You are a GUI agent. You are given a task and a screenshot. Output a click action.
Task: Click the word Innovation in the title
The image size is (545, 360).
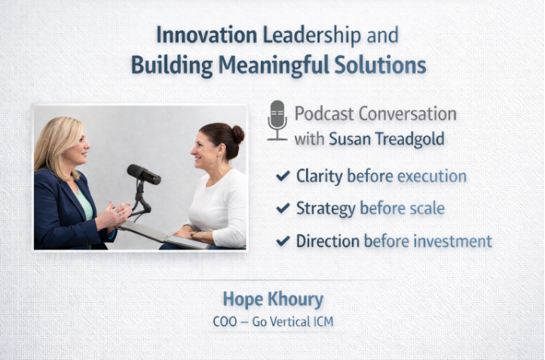(x=194, y=35)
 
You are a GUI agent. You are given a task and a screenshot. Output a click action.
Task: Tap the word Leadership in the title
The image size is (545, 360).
(x=299, y=35)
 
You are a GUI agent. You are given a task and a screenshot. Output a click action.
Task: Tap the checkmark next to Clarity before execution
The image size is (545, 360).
(x=283, y=176)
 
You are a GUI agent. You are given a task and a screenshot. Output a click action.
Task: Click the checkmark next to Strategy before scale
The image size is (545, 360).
(x=283, y=209)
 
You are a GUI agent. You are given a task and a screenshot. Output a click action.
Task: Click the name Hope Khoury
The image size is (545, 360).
(x=272, y=300)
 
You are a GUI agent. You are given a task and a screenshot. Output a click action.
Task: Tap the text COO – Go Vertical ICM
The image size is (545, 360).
(x=272, y=322)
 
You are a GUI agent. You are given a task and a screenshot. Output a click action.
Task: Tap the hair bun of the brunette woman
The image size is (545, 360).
(x=237, y=133)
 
